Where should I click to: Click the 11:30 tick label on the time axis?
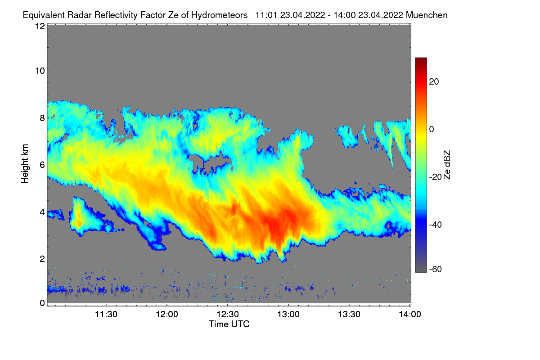click(x=106, y=315)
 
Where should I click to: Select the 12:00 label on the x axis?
click(x=167, y=315)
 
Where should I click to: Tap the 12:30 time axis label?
click(x=228, y=315)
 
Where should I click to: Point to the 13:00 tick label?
click(x=288, y=315)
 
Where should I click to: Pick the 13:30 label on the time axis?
click(x=349, y=315)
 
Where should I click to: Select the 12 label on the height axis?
click(x=40, y=26)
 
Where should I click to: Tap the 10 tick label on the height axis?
click(x=40, y=71)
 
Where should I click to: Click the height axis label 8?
click(x=42, y=118)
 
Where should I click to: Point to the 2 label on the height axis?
click(x=42, y=259)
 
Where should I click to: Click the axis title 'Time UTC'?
click(x=229, y=324)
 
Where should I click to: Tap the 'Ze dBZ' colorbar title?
click(x=447, y=165)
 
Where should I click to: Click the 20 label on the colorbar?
click(x=434, y=81)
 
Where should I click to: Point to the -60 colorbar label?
click(x=436, y=270)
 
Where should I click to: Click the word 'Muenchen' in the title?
click(x=427, y=15)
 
